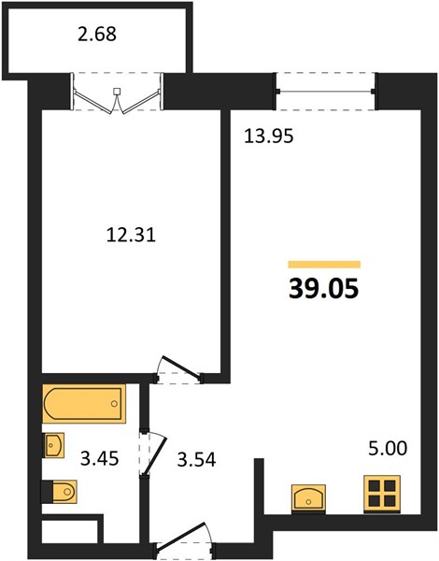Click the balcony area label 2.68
point(97,35)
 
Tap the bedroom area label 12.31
point(131,236)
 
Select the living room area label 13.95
point(268,137)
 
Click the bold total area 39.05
point(323,288)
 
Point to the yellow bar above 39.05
point(324,265)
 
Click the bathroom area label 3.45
point(99,459)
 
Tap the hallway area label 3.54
point(196,460)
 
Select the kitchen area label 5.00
point(388,449)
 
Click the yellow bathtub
point(84,404)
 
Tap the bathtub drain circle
point(114,404)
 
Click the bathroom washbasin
point(53,445)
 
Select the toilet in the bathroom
point(60,491)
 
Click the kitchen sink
point(308,497)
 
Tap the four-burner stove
point(382,494)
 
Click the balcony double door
point(117,93)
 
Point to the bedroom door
point(178,370)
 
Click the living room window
point(326,92)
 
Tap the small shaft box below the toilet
point(70,532)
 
